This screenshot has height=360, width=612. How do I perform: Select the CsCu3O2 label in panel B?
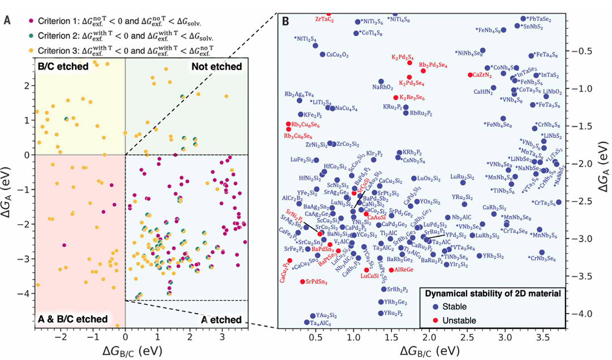click(x=338, y=55)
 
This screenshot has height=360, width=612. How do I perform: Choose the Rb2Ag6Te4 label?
click(x=300, y=94)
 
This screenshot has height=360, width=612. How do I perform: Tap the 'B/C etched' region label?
click(x=63, y=67)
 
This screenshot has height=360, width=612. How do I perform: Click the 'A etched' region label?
click(x=221, y=319)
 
